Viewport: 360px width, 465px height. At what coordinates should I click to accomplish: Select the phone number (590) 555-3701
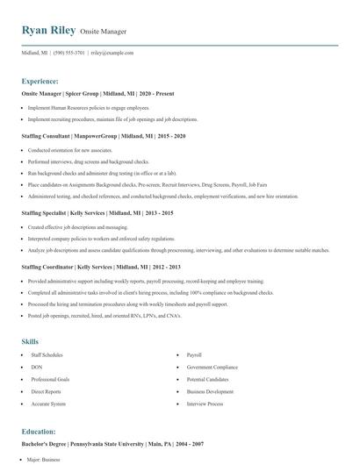coord(69,53)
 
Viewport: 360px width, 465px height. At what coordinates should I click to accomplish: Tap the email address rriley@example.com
coord(112,53)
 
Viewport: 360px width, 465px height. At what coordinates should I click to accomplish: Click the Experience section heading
coord(46,81)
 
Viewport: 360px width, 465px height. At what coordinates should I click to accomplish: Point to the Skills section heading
coord(30,341)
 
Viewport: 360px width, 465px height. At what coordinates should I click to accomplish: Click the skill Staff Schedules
coord(47,355)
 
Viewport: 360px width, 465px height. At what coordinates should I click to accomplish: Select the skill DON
coord(37,367)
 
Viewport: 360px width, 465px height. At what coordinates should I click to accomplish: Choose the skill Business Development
coord(210,391)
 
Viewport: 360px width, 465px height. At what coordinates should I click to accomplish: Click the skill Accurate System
coord(48,404)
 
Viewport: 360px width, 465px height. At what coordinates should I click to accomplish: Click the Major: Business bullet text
coord(48,460)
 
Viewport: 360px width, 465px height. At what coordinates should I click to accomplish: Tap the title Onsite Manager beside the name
coord(104,31)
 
